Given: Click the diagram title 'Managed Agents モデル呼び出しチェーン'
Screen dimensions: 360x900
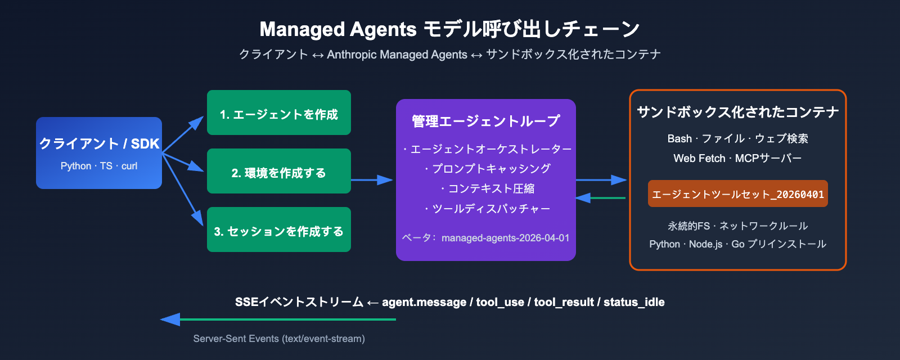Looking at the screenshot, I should coord(449,29).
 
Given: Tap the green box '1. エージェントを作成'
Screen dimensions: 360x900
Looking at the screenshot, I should coord(279,113).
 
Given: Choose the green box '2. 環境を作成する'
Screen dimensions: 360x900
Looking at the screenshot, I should coord(279,172).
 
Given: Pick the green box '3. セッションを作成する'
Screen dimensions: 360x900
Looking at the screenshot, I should coord(279,230).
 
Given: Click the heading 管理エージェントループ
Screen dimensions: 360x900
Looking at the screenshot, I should coord(486,121).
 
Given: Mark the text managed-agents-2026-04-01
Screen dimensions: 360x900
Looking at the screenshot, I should coord(505,238).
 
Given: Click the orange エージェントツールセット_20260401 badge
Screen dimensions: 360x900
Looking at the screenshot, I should coord(737,194).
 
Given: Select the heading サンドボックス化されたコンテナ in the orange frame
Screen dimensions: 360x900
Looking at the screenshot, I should coord(737,112).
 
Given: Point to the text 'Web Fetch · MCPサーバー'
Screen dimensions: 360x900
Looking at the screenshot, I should coord(737,158).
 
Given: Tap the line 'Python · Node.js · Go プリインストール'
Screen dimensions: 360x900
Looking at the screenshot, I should coord(737,244).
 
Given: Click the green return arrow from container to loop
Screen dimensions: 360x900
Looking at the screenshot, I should coord(601,198).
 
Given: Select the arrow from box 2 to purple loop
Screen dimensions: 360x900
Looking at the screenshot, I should coord(371,180).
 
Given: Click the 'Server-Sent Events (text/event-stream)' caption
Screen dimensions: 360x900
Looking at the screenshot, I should coord(279,339).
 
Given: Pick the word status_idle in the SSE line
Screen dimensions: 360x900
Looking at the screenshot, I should coord(634,302).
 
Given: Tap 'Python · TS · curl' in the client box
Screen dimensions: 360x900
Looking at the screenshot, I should coord(99,166).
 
